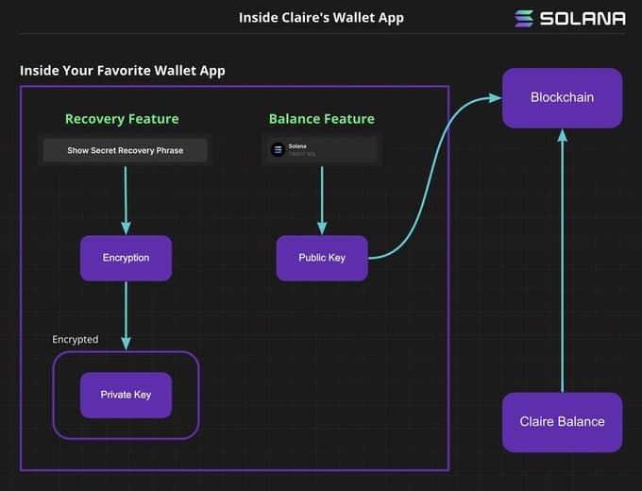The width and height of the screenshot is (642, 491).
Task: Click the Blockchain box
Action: (x=562, y=98)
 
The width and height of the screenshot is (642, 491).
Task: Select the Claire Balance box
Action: (x=562, y=421)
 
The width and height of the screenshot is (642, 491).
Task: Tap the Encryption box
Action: (x=126, y=258)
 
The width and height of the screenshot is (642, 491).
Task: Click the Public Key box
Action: (x=322, y=258)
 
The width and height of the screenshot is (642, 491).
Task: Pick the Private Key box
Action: (x=126, y=395)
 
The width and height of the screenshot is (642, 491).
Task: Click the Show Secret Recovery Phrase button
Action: (x=125, y=150)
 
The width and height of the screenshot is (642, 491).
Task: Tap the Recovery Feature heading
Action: (x=122, y=119)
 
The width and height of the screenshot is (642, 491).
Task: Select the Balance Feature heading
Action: (x=321, y=119)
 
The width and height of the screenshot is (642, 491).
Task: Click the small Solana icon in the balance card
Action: (x=278, y=149)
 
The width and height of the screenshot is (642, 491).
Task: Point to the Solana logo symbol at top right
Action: (x=524, y=18)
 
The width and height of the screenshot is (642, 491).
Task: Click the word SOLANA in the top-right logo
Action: (x=583, y=18)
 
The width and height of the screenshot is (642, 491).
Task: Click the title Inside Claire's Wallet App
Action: (x=321, y=18)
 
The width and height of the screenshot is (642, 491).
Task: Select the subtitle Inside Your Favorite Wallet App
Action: (x=123, y=71)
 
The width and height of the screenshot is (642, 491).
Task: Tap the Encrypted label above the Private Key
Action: (x=76, y=339)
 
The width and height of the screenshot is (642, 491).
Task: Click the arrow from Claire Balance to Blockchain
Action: (x=562, y=264)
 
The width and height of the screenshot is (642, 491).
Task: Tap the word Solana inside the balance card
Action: (x=297, y=145)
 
